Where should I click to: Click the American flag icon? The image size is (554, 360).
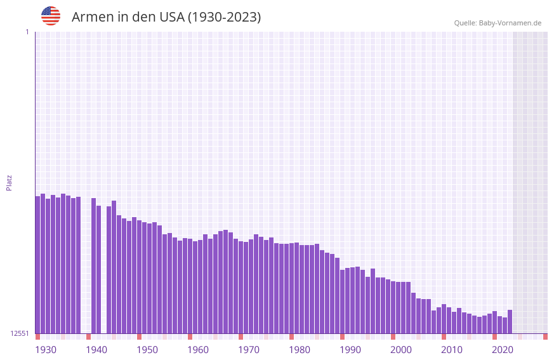click(51, 16)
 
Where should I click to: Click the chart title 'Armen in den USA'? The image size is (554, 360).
click(166, 17)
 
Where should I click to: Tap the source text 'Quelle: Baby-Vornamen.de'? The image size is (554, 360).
click(498, 23)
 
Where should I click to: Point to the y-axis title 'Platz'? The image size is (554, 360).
click(9, 182)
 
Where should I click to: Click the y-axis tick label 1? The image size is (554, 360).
click(27, 32)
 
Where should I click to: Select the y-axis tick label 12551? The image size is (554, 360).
click(20, 333)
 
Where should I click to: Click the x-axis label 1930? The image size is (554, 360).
click(46, 350)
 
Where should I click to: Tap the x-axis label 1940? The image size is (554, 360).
click(96, 350)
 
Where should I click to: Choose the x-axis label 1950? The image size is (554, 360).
click(147, 350)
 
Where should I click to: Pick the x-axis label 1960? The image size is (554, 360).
click(198, 350)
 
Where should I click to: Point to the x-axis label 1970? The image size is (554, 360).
click(249, 350)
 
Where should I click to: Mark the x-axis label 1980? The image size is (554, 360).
click(300, 350)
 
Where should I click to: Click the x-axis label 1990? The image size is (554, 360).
click(350, 350)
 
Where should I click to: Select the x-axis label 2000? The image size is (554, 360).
click(401, 350)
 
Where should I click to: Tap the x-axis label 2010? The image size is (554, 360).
click(452, 350)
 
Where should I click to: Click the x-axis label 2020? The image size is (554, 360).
click(503, 350)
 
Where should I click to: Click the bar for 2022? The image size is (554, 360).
click(510, 321)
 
